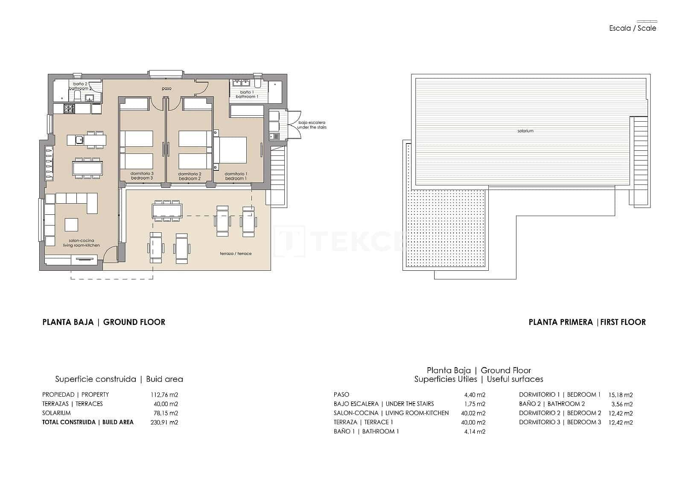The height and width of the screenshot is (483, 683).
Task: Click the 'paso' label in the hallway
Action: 166,88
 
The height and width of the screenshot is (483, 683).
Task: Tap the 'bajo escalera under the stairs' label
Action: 312,125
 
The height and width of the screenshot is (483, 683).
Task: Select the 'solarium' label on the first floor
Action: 525,131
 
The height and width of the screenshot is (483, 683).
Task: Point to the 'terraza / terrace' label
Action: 236,254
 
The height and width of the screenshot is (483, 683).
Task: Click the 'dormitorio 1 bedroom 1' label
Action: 236,176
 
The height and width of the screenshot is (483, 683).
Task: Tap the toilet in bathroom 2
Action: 77,95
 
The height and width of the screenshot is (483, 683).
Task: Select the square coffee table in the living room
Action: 71,225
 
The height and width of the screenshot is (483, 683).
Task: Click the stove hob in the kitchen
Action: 69,109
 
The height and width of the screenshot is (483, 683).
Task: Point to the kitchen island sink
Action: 79,139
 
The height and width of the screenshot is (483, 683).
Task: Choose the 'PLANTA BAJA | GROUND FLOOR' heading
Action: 104,322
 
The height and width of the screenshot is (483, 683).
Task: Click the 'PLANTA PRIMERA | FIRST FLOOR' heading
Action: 587,322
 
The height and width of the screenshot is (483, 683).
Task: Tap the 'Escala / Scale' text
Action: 633,29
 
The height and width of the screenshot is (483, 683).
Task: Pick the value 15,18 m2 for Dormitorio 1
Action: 620,395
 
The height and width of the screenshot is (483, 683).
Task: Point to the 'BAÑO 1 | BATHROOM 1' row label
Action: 366,431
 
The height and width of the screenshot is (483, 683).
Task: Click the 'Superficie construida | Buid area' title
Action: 119,379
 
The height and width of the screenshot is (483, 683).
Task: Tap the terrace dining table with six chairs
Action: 167,211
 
